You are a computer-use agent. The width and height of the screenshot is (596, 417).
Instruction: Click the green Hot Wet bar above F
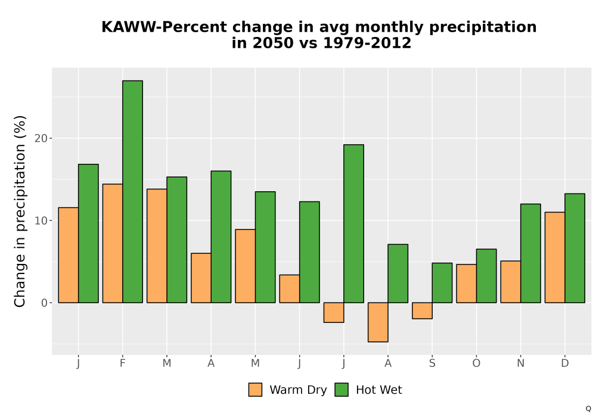pyautogui.click(x=133, y=192)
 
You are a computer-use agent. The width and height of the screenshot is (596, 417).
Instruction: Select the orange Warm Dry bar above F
pyautogui.click(x=113, y=244)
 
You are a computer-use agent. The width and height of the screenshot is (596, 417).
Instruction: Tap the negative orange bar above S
pyautogui.click(x=423, y=310)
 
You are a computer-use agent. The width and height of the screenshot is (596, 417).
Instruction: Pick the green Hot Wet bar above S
pyautogui.click(x=442, y=283)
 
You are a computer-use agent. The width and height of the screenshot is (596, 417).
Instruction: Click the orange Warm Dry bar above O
pyautogui.click(x=467, y=284)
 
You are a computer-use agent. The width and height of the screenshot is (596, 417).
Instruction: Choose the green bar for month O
pyautogui.click(x=486, y=276)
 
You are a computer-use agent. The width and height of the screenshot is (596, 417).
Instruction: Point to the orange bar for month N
pyautogui.click(x=511, y=282)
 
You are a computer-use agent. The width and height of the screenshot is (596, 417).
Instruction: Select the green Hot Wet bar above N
pyautogui.click(x=530, y=253)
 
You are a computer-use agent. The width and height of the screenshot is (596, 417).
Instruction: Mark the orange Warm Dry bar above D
pyautogui.click(x=555, y=257)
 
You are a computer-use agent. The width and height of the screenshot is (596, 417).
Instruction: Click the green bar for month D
pyautogui.click(x=575, y=248)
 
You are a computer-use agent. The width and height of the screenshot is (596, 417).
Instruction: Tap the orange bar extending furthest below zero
pyautogui.click(x=378, y=322)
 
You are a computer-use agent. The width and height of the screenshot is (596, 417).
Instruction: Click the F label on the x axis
pyautogui.click(x=122, y=363)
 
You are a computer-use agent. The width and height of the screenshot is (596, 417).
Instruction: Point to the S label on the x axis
pyautogui.click(x=432, y=363)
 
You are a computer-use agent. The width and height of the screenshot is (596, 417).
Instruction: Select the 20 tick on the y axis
pyautogui.click(x=41, y=138)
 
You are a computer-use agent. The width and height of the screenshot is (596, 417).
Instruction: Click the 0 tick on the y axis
pyautogui.click(x=45, y=303)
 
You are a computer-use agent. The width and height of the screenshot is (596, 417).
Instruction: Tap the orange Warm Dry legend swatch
pyautogui.click(x=256, y=390)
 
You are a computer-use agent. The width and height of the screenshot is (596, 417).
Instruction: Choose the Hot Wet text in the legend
pyautogui.click(x=379, y=390)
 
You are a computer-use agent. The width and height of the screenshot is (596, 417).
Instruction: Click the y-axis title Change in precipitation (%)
pyautogui.click(x=20, y=211)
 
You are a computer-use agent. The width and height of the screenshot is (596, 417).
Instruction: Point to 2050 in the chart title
pyautogui.click(x=274, y=43)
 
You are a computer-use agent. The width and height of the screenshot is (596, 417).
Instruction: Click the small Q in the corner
pyautogui.click(x=588, y=409)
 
